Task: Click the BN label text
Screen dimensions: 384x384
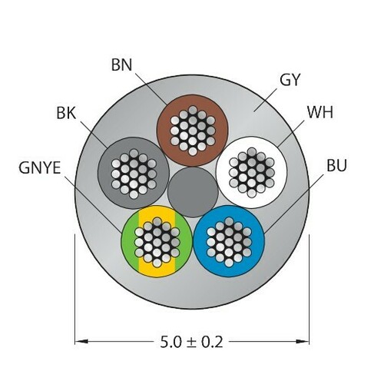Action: (122, 65)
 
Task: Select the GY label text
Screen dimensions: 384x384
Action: (290, 80)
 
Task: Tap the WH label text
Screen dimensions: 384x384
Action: (320, 112)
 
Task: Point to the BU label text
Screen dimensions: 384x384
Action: (336, 165)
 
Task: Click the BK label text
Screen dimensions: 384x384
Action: (66, 113)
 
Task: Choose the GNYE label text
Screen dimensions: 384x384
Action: (40, 168)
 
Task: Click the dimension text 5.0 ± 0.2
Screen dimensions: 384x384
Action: (192, 342)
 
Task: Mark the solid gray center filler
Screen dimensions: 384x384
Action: (193, 192)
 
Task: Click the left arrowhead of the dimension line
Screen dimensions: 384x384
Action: (81, 342)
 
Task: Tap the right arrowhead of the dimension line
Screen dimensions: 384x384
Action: (303, 342)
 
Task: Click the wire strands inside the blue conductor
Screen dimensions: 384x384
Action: (229, 241)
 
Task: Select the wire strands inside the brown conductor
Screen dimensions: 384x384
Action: (193, 131)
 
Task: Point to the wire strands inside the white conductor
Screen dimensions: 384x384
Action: (252, 173)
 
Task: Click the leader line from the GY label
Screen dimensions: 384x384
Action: (266, 100)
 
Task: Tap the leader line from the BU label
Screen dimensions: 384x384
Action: (292, 204)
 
